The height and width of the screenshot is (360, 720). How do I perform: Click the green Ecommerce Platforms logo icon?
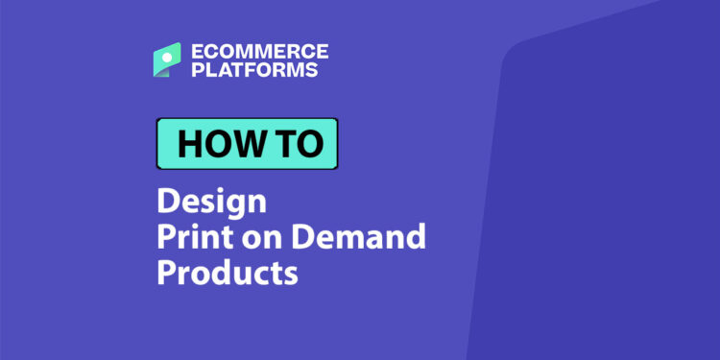(167, 60)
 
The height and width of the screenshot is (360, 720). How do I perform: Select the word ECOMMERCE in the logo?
(259, 51)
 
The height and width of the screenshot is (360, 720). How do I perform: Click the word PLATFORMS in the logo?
(253, 69)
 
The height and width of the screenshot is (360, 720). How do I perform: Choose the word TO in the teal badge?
(300, 143)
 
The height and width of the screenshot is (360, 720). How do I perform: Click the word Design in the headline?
(211, 204)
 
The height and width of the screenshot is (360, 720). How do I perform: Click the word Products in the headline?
(228, 272)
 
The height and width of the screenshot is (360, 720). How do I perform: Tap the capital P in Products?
(167, 272)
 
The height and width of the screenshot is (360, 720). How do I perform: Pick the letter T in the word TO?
(287, 143)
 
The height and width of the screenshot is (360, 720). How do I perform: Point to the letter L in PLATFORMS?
(207, 69)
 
